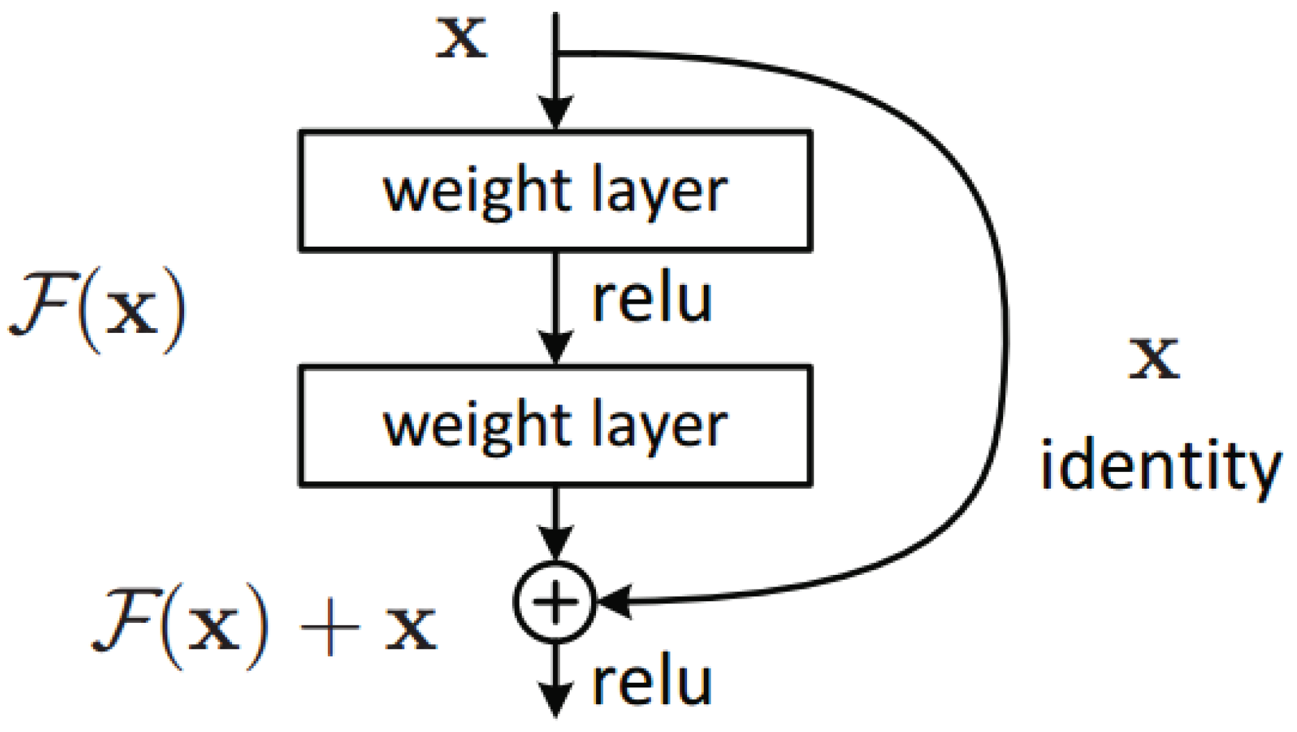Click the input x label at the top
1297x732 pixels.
[x=461, y=38]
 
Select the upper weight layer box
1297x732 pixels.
[x=555, y=190]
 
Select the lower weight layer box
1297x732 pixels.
[x=555, y=425]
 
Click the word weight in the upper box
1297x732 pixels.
[x=474, y=191]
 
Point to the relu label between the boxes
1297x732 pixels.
[x=652, y=300]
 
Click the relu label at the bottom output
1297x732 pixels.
[x=652, y=684]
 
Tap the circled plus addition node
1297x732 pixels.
[x=555, y=601]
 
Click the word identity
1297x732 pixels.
[x=1160, y=467]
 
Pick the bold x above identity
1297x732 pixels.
[x=1154, y=358]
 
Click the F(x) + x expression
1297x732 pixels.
[x=264, y=626]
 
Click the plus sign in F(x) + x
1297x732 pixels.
[x=329, y=628]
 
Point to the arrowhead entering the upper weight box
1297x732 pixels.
[x=555, y=114]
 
